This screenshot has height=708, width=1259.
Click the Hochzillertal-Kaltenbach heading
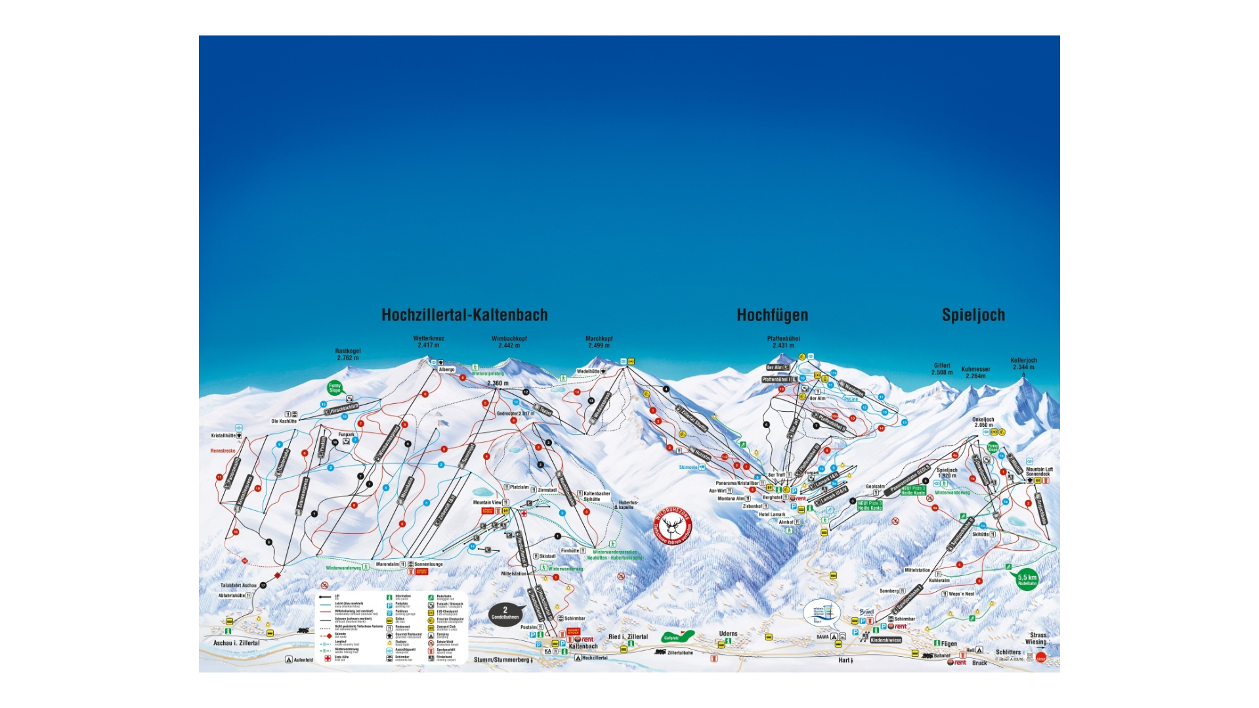click(464, 315)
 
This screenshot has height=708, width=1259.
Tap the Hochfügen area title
click(772, 315)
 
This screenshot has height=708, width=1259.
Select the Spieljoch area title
click(973, 315)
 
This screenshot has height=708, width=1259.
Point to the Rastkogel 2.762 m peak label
click(348, 355)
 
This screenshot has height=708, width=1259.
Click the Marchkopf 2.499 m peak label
click(599, 342)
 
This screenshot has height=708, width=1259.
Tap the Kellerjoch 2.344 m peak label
click(1023, 364)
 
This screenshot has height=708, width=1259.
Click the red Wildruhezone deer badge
click(672, 525)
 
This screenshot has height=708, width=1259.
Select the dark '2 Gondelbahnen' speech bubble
click(505, 613)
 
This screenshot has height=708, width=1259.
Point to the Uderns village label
click(728, 634)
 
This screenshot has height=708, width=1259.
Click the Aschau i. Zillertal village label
click(236, 643)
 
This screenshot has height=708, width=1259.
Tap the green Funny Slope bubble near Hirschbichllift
click(335, 388)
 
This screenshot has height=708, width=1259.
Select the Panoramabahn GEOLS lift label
click(910, 479)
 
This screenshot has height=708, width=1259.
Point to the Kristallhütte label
click(224, 435)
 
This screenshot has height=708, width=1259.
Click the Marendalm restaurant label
click(388, 564)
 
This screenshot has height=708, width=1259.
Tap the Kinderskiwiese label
click(886, 640)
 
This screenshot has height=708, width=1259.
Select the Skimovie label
click(689, 468)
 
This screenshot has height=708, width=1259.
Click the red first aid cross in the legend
click(327, 657)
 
